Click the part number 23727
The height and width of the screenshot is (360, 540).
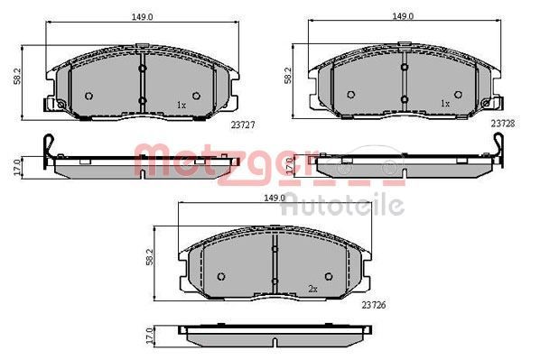coord(241,126)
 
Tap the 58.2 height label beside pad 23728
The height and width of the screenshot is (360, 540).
coord(288,76)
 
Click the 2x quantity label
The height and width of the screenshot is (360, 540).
coord(313,289)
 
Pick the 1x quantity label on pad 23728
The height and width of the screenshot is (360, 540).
coord(443,104)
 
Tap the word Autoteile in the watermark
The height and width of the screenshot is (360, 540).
coord(342,207)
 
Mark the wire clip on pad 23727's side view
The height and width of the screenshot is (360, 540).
coord(50,148)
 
